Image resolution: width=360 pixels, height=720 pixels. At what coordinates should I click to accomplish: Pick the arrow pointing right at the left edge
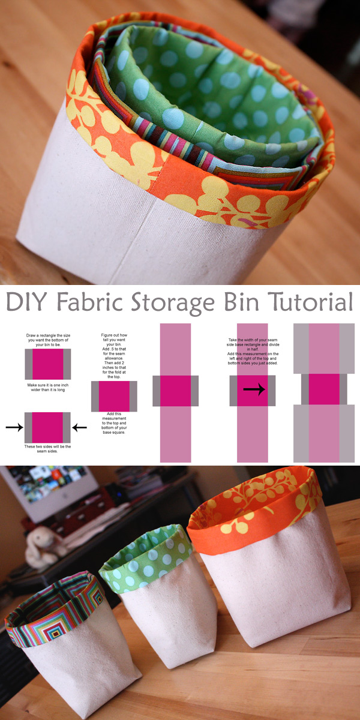[x=13, y=428]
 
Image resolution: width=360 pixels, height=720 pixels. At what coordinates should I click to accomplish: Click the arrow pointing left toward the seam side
[x=79, y=428]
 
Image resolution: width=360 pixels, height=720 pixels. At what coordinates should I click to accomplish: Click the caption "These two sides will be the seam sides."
[x=47, y=449]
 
